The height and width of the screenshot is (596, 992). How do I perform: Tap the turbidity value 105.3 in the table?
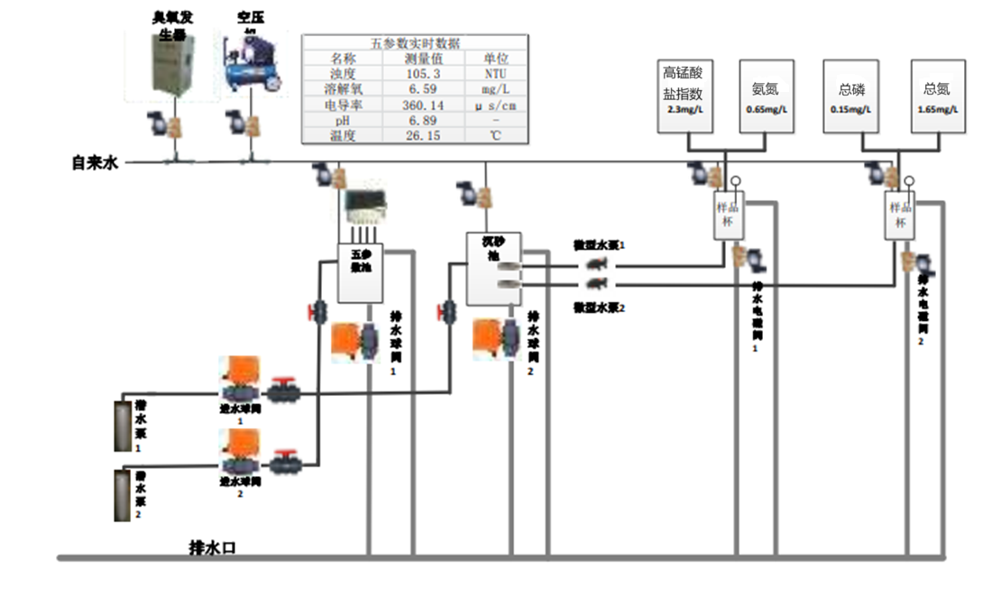pos(423,73)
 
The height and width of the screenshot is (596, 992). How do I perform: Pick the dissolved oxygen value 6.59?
pos(423,89)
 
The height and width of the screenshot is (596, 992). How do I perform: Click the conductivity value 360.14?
pos(423,105)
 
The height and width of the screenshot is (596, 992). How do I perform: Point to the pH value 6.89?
pos(423,120)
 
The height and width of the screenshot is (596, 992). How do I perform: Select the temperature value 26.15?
pos(423,135)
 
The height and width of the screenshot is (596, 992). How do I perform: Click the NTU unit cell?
pos(496,73)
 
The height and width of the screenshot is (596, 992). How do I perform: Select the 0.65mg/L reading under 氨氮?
pos(766,110)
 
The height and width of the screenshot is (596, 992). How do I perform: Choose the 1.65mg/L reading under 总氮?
pos(937,110)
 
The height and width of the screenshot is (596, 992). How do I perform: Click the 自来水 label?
pos(96,163)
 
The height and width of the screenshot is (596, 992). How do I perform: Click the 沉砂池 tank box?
pos(493,269)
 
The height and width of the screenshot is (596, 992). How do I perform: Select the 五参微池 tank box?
pos(361,274)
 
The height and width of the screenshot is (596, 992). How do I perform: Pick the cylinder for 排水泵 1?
pos(123,425)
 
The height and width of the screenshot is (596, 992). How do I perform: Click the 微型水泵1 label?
pos(600,245)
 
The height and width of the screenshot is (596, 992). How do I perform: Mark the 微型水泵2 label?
pos(600,307)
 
